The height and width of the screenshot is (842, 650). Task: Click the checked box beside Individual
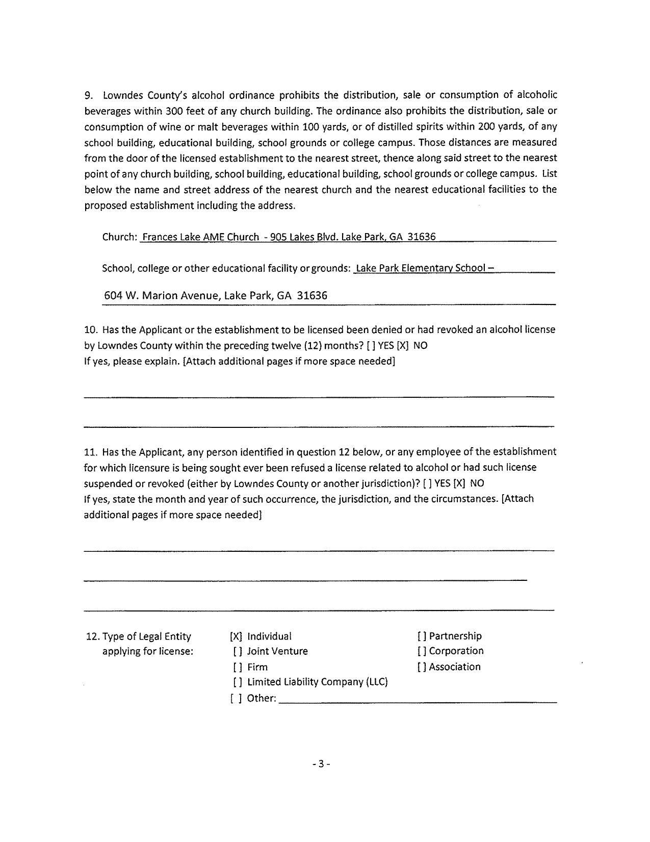(236, 636)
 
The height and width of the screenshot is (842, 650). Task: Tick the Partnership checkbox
(422, 636)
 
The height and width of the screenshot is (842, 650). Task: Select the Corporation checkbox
(422, 651)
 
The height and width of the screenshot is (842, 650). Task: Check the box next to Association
(422, 667)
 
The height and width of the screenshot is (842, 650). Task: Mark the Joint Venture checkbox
(238, 652)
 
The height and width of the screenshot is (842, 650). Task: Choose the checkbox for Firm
(238, 667)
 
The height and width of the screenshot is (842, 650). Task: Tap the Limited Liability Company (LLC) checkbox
(238, 682)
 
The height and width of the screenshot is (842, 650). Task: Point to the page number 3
(321, 764)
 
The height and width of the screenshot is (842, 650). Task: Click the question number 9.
(88, 95)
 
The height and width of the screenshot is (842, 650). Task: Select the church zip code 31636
(422, 237)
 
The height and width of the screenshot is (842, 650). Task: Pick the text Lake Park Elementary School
(421, 268)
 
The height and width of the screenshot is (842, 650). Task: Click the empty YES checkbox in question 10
(371, 346)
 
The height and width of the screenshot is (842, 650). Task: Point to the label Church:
(120, 237)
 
